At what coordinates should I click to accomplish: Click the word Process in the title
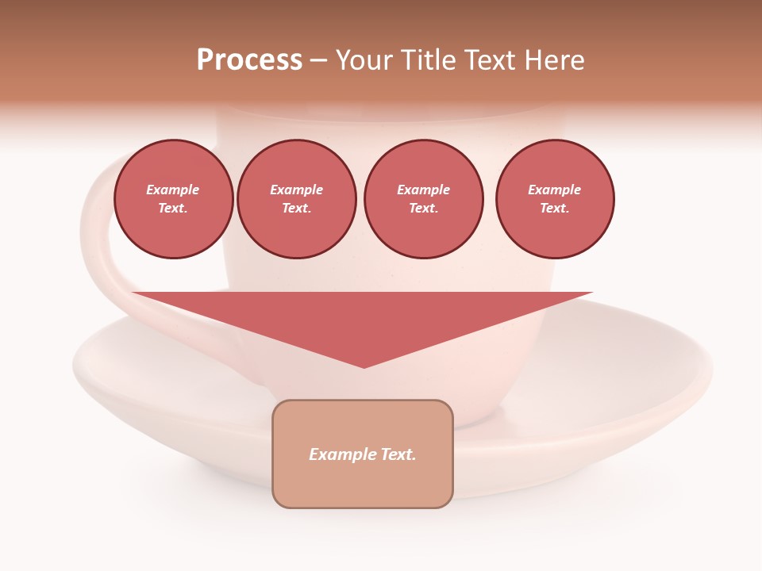point(249,60)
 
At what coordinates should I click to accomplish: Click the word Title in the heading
point(429,60)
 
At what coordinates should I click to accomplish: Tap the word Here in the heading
point(554,60)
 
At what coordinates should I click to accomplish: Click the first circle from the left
point(173,199)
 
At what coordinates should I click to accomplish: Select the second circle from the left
point(297,199)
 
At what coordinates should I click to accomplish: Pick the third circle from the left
point(423,199)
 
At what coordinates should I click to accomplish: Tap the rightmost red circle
point(555,199)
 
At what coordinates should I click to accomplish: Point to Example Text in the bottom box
point(363,454)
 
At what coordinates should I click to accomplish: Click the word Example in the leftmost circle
point(173,190)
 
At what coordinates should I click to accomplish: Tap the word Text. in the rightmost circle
point(555,208)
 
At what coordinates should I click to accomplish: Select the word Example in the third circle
point(423,190)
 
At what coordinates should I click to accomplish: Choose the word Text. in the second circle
point(297,208)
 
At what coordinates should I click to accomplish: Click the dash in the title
point(318,60)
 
